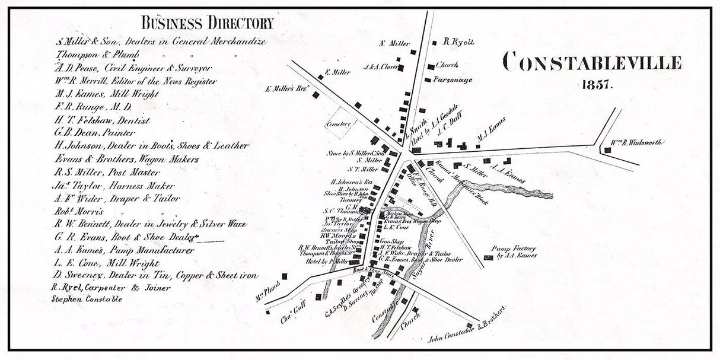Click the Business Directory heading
[207, 24]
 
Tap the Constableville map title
[591, 62]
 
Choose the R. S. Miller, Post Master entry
[106, 173]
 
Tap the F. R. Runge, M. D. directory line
[92, 107]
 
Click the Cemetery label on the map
[339, 124]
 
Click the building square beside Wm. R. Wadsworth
[607, 151]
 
